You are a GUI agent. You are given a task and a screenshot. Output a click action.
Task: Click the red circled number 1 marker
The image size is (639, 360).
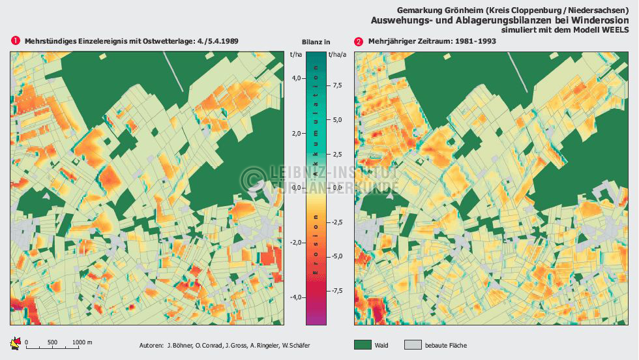[15, 41]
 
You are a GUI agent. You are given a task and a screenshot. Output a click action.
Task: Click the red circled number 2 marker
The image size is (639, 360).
[359, 41]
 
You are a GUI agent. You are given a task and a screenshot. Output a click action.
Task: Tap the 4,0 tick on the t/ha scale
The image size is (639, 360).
[297, 78]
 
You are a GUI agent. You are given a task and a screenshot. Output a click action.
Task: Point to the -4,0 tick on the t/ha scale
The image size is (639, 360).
[296, 297]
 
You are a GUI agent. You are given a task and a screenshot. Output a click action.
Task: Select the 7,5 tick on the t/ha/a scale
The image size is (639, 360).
[337, 85]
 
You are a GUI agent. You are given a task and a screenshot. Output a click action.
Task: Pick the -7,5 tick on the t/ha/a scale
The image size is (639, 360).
[336, 291]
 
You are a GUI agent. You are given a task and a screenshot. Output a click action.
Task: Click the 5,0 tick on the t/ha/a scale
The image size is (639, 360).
[337, 120]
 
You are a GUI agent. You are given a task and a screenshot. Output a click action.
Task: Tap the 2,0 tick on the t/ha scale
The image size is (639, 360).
[297, 133]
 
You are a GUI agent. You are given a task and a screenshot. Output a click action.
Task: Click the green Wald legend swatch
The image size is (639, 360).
[363, 345]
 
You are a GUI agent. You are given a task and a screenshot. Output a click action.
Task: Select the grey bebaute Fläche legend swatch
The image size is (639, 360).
[413, 345]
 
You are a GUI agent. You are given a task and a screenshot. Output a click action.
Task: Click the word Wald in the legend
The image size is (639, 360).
[382, 345]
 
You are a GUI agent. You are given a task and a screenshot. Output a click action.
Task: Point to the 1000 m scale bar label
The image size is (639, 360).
[82, 342]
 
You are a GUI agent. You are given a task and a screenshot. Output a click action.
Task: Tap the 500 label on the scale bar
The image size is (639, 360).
[53, 342]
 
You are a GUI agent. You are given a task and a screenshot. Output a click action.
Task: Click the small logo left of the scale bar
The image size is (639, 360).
[16, 343]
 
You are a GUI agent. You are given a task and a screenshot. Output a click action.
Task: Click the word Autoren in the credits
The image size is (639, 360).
[151, 345]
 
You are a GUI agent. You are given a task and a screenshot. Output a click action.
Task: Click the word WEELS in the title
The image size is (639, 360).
[616, 30]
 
